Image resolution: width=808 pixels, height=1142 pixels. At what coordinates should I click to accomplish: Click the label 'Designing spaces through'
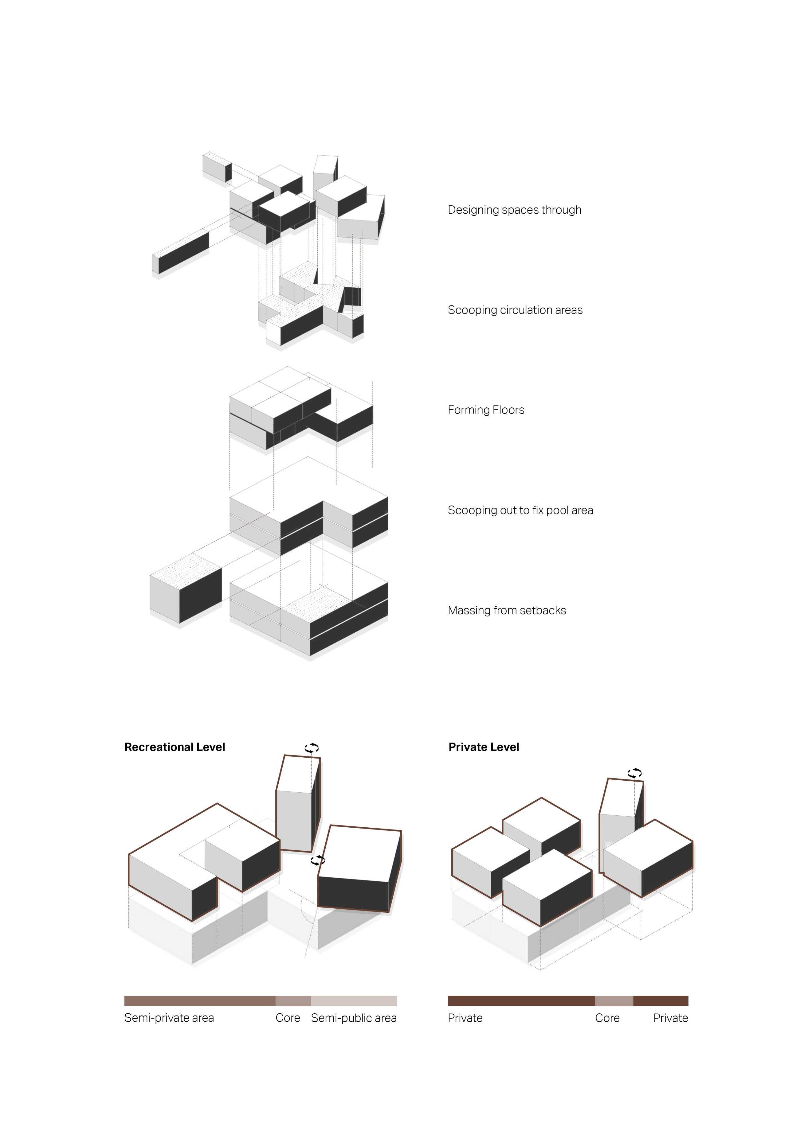(x=514, y=210)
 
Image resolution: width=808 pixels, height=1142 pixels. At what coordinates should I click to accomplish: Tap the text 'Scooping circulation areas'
(x=515, y=310)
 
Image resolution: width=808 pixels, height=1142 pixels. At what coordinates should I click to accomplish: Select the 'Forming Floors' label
(x=486, y=410)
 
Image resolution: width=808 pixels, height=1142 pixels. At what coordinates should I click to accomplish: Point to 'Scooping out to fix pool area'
(x=520, y=510)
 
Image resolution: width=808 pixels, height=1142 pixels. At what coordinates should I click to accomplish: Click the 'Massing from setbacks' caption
(x=507, y=610)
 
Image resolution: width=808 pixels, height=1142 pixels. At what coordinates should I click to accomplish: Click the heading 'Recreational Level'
(x=175, y=747)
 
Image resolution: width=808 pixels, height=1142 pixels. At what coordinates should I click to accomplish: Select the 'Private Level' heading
(x=483, y=747)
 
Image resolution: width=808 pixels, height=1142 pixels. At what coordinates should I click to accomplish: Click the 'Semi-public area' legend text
(x=354, y=1018)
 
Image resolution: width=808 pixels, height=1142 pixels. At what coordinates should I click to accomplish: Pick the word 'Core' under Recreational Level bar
(x=288, y=1018)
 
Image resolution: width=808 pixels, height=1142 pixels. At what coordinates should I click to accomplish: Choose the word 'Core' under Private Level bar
(x=607, y=1018)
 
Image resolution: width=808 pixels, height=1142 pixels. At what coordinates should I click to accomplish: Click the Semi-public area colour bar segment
(x=354, y=1001)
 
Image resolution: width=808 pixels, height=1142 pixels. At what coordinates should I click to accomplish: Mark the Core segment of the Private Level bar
(x=614, y=1001)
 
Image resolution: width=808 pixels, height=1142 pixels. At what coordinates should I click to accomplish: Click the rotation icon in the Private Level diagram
(x=634, y=773)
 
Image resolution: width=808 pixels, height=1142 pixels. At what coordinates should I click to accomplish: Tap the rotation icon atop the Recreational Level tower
(x=312, y=748)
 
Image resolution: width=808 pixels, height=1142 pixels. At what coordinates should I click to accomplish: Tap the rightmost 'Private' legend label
(x=670, y=1018)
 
